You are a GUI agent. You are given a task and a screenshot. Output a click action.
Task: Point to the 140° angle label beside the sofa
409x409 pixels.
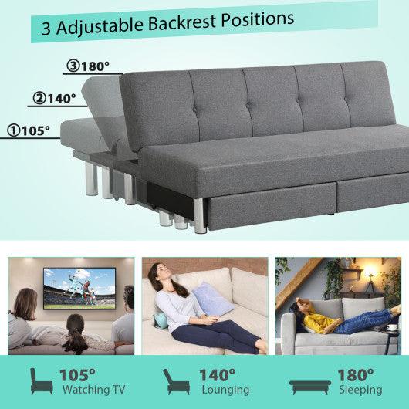tap(62, 99)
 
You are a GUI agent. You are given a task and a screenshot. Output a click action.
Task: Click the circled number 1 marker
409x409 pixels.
tap(14, 131)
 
